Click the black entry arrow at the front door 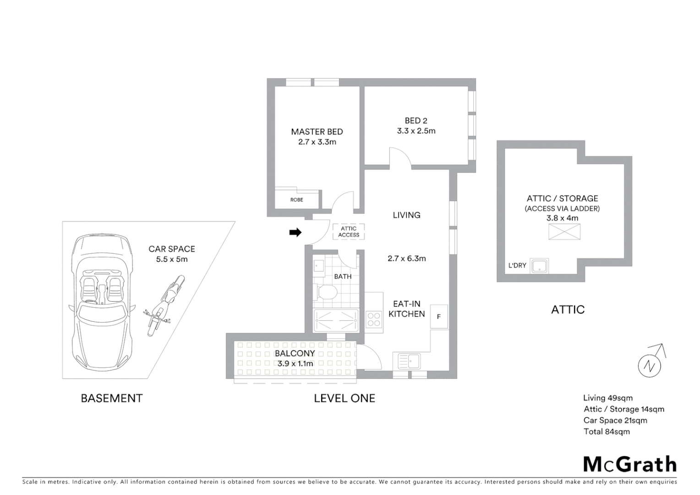point(295,232)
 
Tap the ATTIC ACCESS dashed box point(349,232)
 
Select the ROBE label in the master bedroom point(296,200)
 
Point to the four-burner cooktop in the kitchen point(374,319)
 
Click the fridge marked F point(438,316)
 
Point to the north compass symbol point(650,365)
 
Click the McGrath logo point(629,464)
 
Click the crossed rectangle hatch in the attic point(564,232)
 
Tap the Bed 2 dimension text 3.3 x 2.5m point(416,131)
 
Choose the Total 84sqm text point(607,431)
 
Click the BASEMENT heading point(112,398)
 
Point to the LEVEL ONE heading point(345,398)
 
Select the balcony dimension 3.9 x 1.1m point(295,363)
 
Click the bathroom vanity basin point(319,265)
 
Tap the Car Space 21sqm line point(615,420)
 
